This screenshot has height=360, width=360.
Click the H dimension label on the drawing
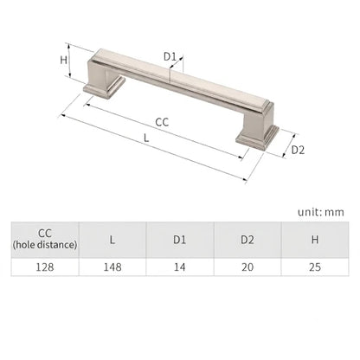[63, 60]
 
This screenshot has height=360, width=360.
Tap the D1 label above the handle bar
[170, 56]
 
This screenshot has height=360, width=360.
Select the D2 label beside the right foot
[298, 150]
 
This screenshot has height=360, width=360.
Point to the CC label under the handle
[162, 122]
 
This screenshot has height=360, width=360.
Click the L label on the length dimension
[146, 138]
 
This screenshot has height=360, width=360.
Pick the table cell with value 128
[45, 267]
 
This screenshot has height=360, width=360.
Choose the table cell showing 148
[112, 267]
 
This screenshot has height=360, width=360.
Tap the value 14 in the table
[180, 267]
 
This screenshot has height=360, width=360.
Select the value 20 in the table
[247, 267]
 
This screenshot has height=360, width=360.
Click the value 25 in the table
[315, 267]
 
